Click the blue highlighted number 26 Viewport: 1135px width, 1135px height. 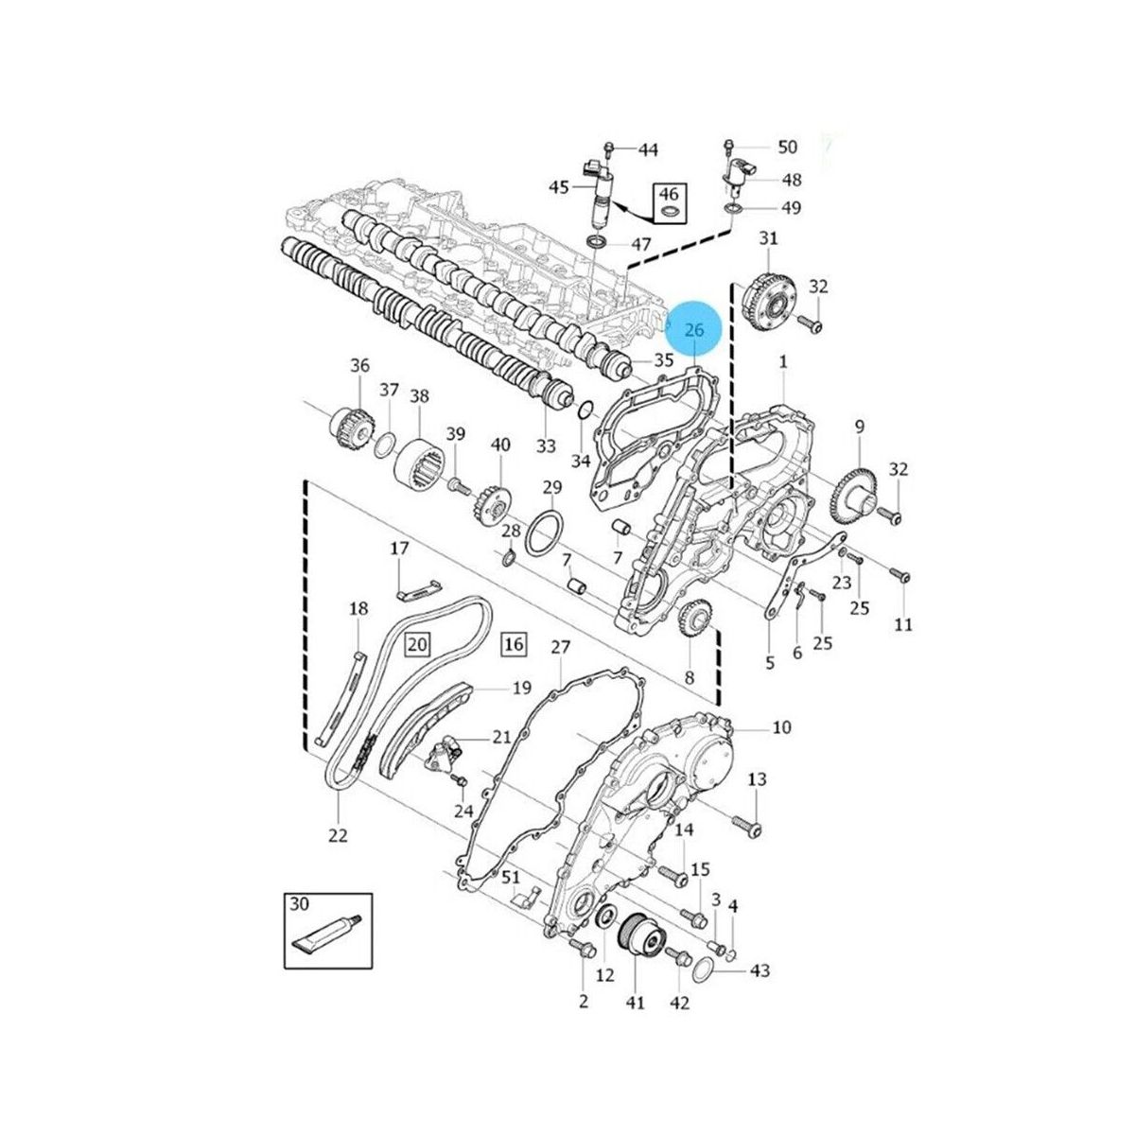[694, 330]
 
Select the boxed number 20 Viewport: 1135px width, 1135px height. [417, 645]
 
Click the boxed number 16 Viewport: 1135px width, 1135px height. [514, 644]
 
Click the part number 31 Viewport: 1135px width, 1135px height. [768, 238]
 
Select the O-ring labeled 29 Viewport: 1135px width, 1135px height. [546, 533]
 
